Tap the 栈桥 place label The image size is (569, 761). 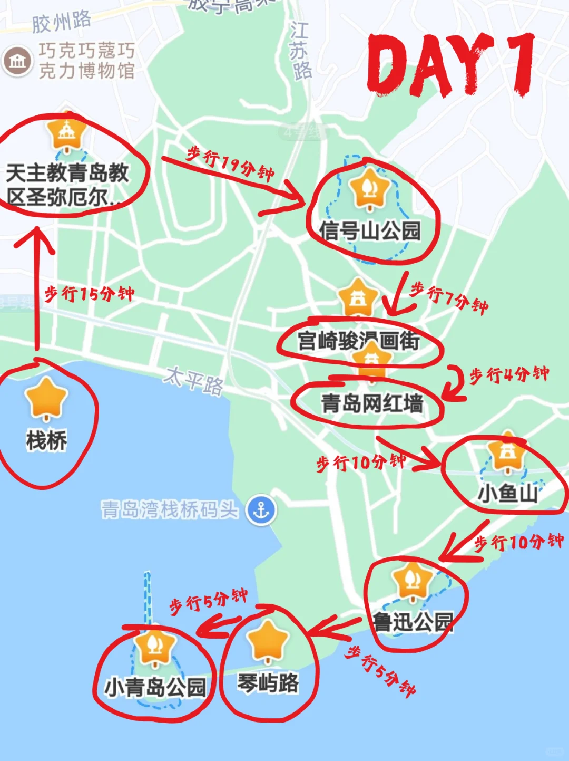pos(46,440)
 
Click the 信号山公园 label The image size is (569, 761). pos(370,231)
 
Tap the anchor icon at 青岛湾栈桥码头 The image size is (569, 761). pos(261,510)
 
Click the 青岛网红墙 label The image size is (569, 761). pos(372,404)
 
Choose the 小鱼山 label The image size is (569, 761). pos(507,494)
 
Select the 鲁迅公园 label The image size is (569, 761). pos(413,622)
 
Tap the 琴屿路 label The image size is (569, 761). pos(268,683)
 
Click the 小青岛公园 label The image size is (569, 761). pos(155,687)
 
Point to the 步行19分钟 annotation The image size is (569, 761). pos(230,163)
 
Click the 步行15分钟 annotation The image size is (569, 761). pos(89,294)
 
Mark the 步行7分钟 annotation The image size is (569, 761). pos(449,297)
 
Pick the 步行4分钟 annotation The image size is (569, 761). pos(509,374)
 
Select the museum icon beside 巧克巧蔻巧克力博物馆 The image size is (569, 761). pos(17,61)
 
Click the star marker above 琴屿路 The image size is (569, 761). pos(268,640)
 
